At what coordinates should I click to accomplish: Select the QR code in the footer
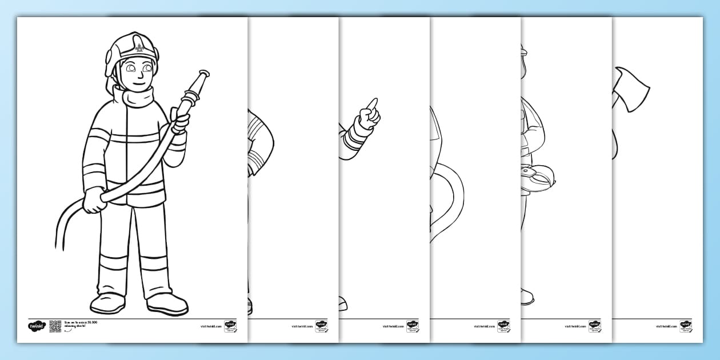click(x=55, y=326)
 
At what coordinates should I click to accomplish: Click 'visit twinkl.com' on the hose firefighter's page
click(x=210, y=327)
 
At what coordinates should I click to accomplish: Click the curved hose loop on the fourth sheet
click(x=451, y=200)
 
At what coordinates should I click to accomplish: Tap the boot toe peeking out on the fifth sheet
click(x=527, y=298)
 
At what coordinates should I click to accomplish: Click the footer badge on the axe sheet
click(x=685, y=326)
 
